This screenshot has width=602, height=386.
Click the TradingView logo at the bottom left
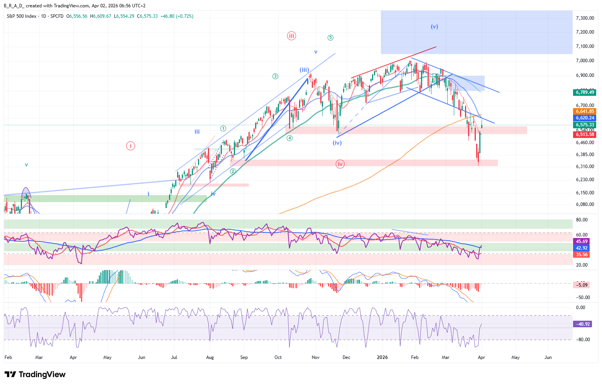(35, 374)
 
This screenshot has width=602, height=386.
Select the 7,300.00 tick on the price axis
(585, 18)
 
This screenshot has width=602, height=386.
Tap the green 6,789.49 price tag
(585, 92)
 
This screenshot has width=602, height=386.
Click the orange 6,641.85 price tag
(585, 111)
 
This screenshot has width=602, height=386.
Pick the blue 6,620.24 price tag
(585, 118)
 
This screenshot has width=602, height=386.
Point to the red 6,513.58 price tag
(585, 134)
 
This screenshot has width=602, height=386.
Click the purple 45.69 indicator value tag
(582, 241)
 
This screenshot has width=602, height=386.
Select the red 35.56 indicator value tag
(582, 255)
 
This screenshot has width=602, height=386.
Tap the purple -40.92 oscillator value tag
(582, 324)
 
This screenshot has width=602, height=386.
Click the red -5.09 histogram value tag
(582, 285)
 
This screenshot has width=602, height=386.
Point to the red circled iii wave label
(291, 36)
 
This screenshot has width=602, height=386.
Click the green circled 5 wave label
(330, 37)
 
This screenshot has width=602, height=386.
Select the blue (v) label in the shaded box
(435, 27)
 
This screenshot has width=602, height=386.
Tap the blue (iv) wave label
(337, 143)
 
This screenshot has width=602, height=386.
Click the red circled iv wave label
(340, 164)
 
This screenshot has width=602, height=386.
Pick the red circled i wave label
(130, 146)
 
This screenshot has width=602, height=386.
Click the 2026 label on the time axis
(382, 357)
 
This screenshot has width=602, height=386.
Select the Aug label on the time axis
(210, 357)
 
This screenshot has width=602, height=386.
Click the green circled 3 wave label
(275, 76)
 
